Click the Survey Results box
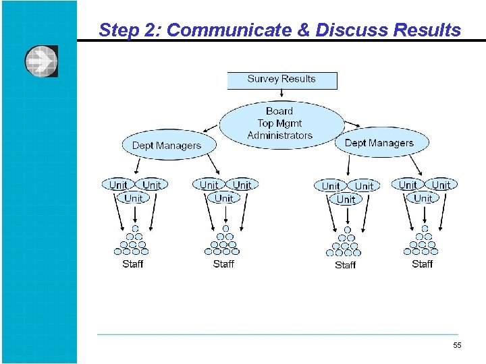pyautogui.click(x=281, y=80)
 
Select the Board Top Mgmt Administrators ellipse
pyautogui.click(x=280, y=123)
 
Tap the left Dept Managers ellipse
pyautogui.click(x=166, y=145)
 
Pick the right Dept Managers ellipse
pyautogui.click(x=379, y=143)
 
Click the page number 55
pyautogui.click(x=457, y=346)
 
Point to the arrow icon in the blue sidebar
pyautogui.click(x=41, y=61)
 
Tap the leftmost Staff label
pyautogui.click(x=132, y=264)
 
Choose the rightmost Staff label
pyautogui.click(x=422, y=264)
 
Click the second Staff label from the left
pyautogui.click(x=223, y=264)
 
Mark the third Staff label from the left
pyautogui.click(x=345, y=265)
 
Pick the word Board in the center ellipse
pyautogui.click(x=279, y=111)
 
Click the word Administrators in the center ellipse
pyautogui.click(x=280, y=135)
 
